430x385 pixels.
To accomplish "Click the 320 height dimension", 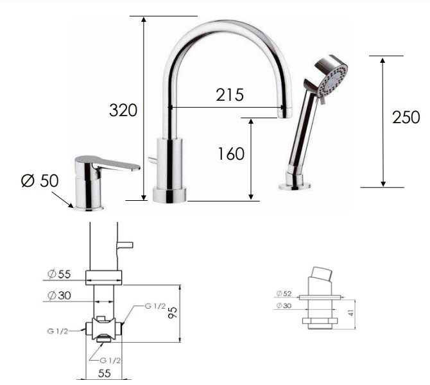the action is (x=123, y=110).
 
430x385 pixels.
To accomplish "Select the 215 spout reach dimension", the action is (x=230, y=95).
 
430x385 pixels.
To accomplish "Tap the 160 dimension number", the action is (x=231, y=153).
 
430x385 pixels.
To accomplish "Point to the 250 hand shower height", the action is (x=406, y=117).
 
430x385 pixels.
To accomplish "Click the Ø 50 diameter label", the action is (x=40, y=180).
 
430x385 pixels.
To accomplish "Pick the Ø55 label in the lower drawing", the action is (x=59, y=273).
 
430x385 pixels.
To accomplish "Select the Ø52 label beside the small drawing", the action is (x=284, y=293).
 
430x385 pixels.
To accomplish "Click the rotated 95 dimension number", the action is (x=173, y=312).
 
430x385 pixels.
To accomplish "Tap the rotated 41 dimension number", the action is (x=351, y=312).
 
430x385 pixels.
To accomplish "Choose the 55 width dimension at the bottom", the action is (x=104, y=373).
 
